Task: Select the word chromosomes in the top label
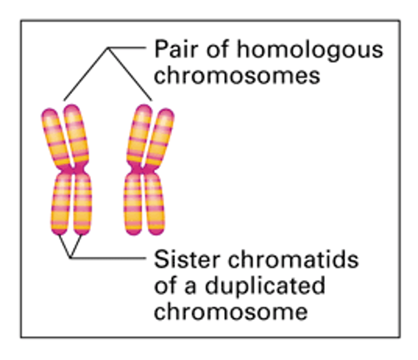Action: pos(237,75)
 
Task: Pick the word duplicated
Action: pos(265,286)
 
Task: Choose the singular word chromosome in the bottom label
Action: pos(231,312)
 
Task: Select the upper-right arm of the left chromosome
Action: pos(77,132)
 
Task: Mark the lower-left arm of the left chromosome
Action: pos(61,204)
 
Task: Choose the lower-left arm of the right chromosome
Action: pos(133,204)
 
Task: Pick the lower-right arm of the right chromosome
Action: pos(155,204)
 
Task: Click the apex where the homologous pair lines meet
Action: pos(108,49)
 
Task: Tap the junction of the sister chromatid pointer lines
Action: pos(71,257)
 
